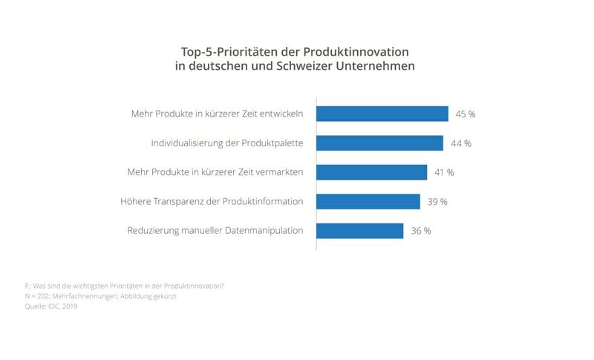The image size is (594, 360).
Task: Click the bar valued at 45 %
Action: point(382,114)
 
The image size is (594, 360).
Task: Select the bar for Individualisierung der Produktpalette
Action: point(379,143)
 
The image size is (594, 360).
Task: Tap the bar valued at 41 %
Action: point(371,172)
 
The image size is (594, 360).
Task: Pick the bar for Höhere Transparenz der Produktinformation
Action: point(368,201)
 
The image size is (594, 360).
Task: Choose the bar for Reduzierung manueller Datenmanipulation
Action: point(359,230)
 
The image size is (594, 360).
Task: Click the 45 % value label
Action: point(466,114)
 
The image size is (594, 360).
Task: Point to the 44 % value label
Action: point(460,143)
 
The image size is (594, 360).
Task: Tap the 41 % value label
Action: point(444,172)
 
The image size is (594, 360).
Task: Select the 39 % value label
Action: point(437,201)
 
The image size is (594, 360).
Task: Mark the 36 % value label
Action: point(420,230)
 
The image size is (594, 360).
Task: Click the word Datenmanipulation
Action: point(260,230)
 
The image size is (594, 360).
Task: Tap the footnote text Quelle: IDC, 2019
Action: point(51,306)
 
